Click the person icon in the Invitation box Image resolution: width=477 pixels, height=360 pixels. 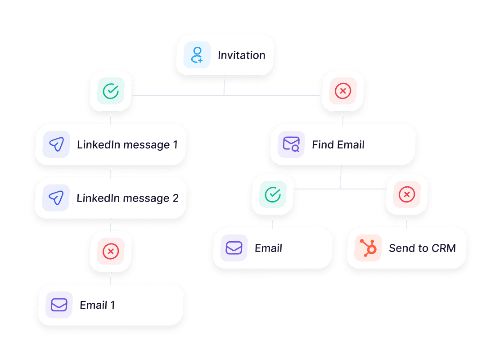(x=197, y=55)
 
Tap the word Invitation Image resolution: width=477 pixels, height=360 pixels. (x=242, y=55)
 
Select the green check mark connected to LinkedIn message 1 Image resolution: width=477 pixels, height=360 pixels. (x=111, y=91)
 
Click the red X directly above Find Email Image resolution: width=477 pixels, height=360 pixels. (x=343, y=91)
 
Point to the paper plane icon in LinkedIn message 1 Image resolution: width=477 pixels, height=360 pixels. (x=56, y=144)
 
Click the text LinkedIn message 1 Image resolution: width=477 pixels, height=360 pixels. (x=127, y=145)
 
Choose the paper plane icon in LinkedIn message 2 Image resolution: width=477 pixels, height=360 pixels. (x=56, y=198)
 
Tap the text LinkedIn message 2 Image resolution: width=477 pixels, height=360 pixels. (x=127, y=198)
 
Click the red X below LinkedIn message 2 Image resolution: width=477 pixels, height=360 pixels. (x=111, y=251)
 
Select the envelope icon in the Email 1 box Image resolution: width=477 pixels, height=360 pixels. (x=59, y=305)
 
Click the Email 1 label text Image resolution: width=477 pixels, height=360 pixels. (x=97, y=305)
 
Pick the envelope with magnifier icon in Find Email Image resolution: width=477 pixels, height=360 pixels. (x=291, y=144)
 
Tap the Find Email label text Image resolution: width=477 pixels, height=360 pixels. (x=338, y=145)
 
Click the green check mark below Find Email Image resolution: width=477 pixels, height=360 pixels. (x=273, y=194)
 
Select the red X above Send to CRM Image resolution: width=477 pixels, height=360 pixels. (x=407, y=194)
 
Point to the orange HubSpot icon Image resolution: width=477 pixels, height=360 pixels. (x=368, y=248)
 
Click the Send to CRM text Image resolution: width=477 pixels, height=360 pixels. (x=422, y=248)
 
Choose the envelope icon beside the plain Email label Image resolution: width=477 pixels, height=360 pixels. (x=234, y=248)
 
